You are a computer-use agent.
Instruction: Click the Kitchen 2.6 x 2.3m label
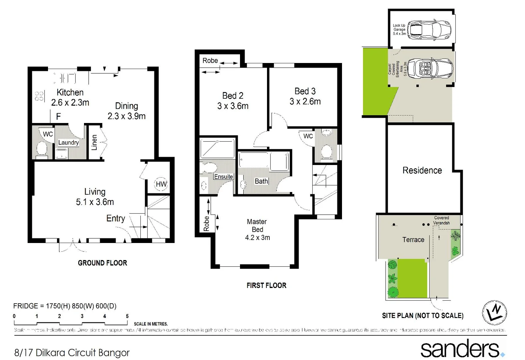click(x=70, y=97)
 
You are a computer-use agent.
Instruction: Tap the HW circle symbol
click(x=161, y=184)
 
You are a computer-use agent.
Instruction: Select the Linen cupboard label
click(x=94, y=142)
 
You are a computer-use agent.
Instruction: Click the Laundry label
click(x=68, y=143)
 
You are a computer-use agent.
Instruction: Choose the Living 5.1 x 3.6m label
click(x=95, y=197)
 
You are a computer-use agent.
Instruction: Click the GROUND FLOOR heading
click(x=102, y=263)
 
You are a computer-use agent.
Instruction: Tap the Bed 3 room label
click(x=305, y=96)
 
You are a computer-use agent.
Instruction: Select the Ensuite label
click(x=223, y=177)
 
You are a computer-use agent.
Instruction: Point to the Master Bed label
click(x=257, y=229)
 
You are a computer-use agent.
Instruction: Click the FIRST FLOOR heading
click(x=266, y=285)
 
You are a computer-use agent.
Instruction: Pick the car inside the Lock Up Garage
click(x=429, y=29)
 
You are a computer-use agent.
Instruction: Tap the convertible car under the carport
click(x=430, y=68)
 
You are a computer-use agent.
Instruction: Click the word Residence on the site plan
click(x=422, y=170)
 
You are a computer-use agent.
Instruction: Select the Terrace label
click(x=413, y=240)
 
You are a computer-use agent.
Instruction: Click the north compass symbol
click(x=495, y=312)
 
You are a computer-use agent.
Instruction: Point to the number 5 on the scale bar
click(x=127, y=316)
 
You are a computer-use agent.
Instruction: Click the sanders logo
click(x=462, y=349)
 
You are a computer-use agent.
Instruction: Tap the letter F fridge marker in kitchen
click(x=58, y=116)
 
